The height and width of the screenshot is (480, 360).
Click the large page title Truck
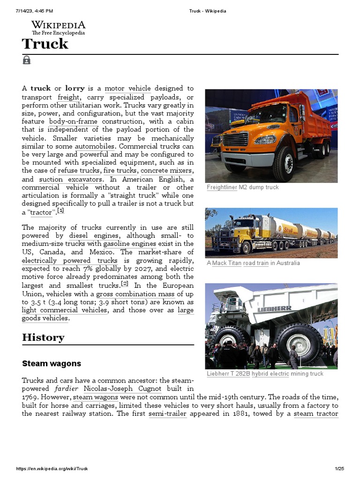(45, 44)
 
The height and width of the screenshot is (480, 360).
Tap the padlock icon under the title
(26, 60)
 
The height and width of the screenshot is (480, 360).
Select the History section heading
(43, 337)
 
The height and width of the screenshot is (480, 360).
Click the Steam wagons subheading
(52, 363)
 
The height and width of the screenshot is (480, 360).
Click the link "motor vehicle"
(127, 88)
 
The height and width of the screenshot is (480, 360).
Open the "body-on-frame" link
(73, 121)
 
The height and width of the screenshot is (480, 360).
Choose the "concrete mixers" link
(167, 171)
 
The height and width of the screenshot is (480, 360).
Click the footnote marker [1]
(60, 211)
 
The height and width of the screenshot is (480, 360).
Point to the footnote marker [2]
(124, 284)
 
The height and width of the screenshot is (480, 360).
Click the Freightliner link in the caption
(222, 187)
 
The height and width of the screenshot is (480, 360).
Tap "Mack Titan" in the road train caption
(226, 263)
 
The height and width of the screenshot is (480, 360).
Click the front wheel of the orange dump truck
(283, 164)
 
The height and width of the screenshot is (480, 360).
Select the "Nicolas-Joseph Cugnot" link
(122, 389)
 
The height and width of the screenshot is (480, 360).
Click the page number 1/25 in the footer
(339, 469)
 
